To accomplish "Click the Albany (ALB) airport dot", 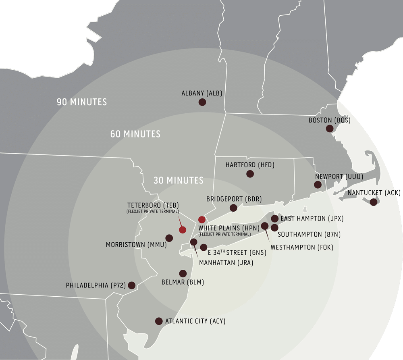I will tap(202, 102).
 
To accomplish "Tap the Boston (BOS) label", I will tap(329, 120).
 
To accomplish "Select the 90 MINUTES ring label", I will tap(82, 102).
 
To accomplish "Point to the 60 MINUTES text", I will tap(135, 134).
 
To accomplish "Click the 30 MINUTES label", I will tap(179, 180).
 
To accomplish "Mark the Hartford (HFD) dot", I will tap(250, 174).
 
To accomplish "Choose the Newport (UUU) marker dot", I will tap(318, 185).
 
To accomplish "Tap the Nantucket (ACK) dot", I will tap(374, 202).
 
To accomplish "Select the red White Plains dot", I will tap(202, 220).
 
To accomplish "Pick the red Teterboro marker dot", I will tap(183, 230).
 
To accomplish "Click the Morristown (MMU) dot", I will tap(169, 238).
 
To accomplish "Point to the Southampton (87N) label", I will tap(305, 234).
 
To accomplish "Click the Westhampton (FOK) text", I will tap(302, 247).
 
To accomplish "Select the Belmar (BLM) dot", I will tap(183, 273).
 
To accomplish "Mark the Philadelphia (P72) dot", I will tap(131, 285).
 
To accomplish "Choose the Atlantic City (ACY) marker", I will tap(159, 321).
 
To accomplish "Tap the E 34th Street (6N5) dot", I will tap(204, 248).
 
